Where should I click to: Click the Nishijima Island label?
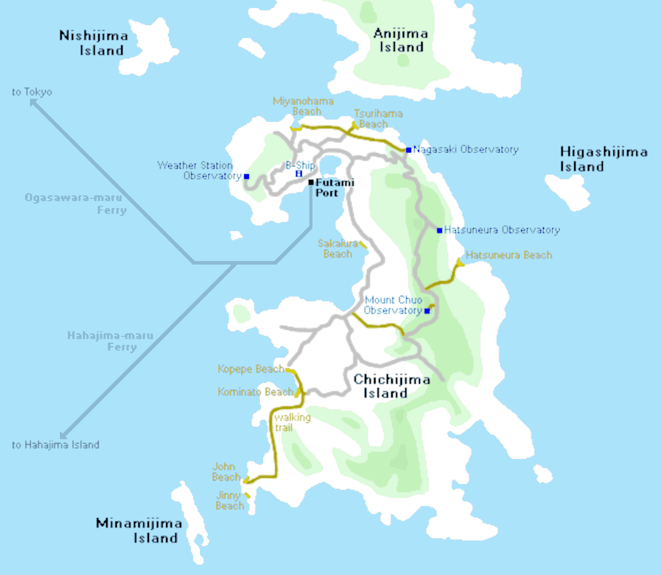pyautogui.click(x=93, y=43)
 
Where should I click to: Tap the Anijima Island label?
pyautogui.click(x=401, y=40)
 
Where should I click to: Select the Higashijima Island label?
pyautogui.click(x=603, y=159)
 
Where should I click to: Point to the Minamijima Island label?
pyautogui.click(x=139, y=530)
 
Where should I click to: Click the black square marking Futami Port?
pyautogui.click(x=311, y=182)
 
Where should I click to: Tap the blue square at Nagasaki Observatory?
pyautogui.click(x=408, y=150)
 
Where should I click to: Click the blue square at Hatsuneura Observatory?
pyautogui.click(x=439, y=230)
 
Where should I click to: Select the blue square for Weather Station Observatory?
pyautogui.click(x=247, y=176)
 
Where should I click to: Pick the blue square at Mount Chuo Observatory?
pyautogui.click(x=427, y=311)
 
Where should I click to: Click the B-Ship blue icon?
pyautogui.click(x=299, y=174)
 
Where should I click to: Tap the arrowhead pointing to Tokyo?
pyautogui.click(x=33, y=102)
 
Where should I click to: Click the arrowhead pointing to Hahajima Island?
pyautogui.click(x=63, y=436)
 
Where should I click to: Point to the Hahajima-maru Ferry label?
pyautogui.click(x=111, y=341)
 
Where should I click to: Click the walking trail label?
pyautogui.click(x=292, y=422)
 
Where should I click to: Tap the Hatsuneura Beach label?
pyautogui.click(x=509, y=255)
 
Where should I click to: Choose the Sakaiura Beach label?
pyautogui.click(x=337, y=249)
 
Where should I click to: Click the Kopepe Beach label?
pyautogui.click(x=250, y=369)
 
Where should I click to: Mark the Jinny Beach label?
pyautogui.click(x=229, y=500)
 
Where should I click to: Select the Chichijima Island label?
pyautogui.click(x=391, y=386)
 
